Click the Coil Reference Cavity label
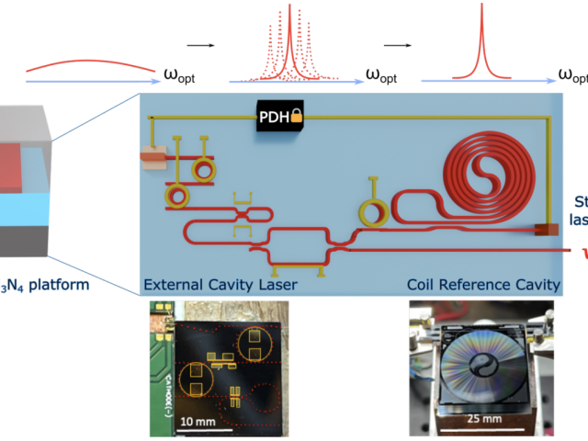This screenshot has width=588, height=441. (483, 284)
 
